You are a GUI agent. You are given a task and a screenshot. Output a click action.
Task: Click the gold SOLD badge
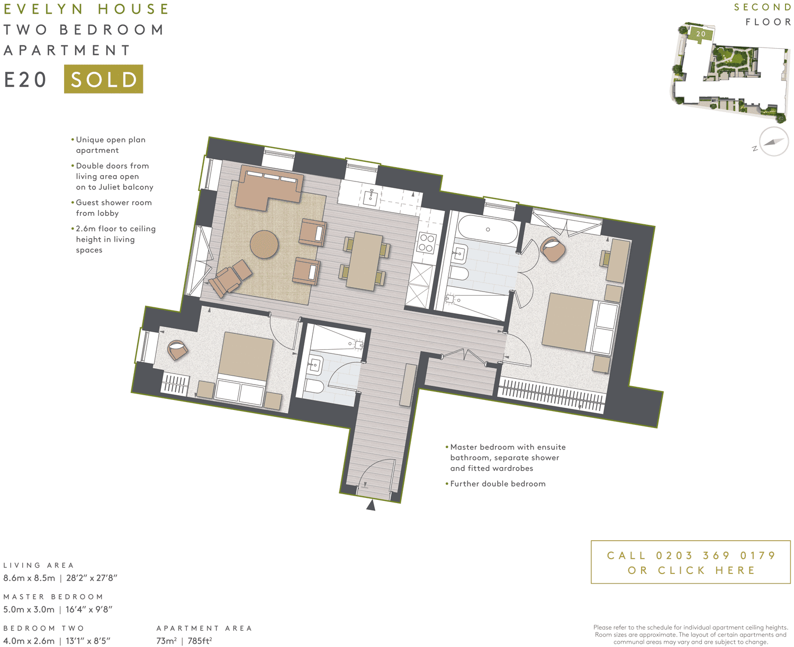pos(103,79)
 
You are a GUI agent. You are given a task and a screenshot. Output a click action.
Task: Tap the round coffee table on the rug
pos(264,244)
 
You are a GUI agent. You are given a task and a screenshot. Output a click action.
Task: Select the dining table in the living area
pos(364,261)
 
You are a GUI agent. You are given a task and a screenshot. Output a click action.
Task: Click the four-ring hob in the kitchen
pos(426,243)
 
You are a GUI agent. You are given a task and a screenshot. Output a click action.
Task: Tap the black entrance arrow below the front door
pos(371,506)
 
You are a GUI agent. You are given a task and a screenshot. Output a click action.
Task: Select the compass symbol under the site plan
pos(773,142)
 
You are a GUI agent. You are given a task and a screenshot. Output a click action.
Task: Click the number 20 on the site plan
pos(701,34)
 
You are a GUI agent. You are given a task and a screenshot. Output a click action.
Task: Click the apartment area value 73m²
pos(166,641)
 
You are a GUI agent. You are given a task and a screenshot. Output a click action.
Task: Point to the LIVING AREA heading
pos(39,565)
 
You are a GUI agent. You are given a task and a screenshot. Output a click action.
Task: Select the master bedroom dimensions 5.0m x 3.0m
pos(29,609)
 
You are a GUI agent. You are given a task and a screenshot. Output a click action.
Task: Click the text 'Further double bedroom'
pos(498,484)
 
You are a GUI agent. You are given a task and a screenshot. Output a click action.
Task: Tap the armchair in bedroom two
pos(177,350)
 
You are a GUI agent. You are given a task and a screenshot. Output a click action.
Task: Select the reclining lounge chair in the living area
pos(230,278)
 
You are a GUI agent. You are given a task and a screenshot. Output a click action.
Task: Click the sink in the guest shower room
pos(315,364)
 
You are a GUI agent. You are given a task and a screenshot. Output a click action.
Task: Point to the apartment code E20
pos(25,80)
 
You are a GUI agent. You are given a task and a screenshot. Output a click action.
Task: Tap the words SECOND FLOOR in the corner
pos(762,14)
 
